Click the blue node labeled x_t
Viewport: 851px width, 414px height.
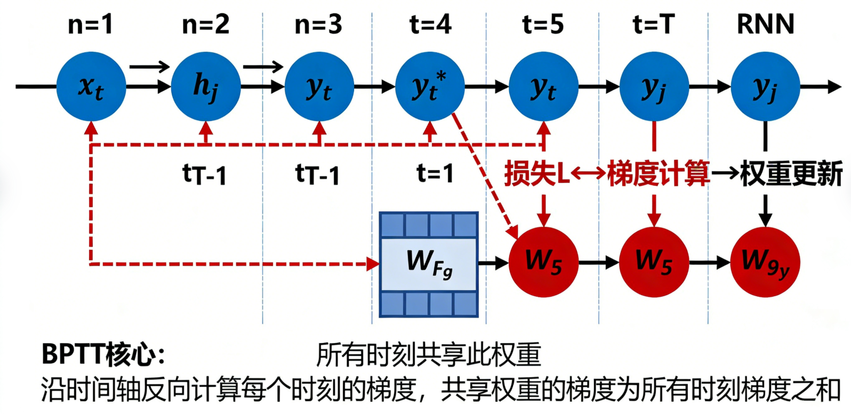(91, 86)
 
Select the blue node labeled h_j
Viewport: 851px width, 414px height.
(205, 86)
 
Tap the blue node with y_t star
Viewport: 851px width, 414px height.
(430, 86)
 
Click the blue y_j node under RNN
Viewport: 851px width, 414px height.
(765, 86)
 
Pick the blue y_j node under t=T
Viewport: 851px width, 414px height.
(654, 86)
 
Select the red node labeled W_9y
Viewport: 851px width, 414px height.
(765, 261)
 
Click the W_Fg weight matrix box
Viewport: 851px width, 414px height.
(429, 264)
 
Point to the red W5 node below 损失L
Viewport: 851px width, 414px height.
(543, 261)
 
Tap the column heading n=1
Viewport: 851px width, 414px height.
(91, 25)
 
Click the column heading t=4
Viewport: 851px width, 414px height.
(430, 25)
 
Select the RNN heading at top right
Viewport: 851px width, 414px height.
(765, 25)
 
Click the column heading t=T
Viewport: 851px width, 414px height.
(653, 25)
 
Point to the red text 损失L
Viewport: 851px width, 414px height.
(536, 173)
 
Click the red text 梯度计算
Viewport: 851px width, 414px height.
(658, 173)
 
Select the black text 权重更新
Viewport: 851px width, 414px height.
(791, 173)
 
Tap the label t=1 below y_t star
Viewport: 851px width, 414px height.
(435, 173)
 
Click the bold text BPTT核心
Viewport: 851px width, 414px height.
(102, 354)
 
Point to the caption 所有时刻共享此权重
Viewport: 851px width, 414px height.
(429, 354)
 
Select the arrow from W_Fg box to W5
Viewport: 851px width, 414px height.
(493, 262)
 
